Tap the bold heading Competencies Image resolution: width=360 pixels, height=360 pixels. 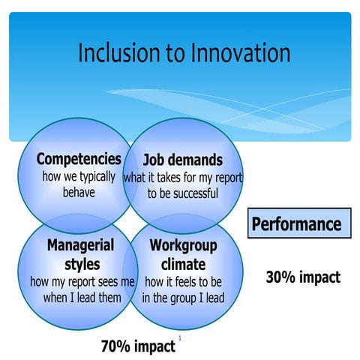[79, 160]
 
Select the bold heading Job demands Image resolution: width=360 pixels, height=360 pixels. [183, 160]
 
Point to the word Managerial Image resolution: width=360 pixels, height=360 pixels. [80, 246]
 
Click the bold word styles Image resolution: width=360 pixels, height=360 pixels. [80, 265]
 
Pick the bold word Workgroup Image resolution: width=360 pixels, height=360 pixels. [183, 246]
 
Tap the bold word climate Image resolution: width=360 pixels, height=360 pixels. [183, 265]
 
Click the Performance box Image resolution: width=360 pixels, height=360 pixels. [298, 223]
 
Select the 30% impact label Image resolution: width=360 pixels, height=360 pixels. [303, 277]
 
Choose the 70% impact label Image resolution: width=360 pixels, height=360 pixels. [138, 346]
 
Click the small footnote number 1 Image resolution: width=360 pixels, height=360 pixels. [180, 338]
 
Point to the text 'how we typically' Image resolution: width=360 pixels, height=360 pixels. [79, 177]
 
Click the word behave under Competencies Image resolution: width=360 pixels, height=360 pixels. [79, 193]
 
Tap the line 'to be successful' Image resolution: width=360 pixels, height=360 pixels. [183, 193]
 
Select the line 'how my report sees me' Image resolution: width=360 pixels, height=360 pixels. [82, 282]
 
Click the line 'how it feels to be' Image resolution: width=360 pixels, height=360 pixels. [183, 282]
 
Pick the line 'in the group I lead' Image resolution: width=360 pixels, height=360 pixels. [183, 298]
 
